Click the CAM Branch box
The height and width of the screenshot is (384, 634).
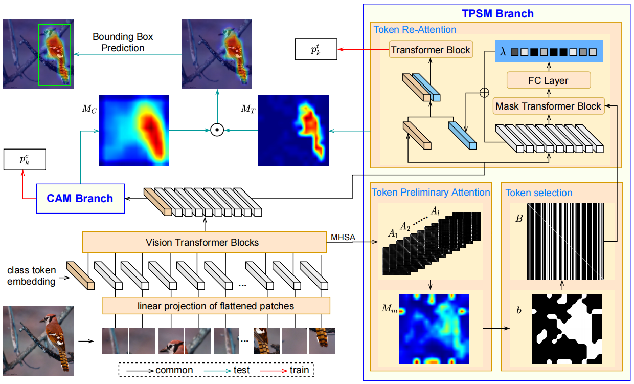(x=80, y=198)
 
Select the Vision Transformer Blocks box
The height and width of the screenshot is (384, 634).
(x=204, y=242)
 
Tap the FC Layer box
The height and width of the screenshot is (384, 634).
(x=548, y=80)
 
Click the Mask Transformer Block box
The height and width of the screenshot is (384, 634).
(x=548, y=106)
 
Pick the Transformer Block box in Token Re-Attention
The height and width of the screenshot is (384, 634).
(x=431, y=50)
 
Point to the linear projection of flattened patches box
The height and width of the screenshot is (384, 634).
(x=216, y=306)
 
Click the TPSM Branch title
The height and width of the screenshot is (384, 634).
(x=498, y=14)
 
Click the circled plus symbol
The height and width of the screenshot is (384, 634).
(x=483, y=92)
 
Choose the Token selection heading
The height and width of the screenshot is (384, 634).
(x=539, y=193)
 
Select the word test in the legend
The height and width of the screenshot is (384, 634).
(x=241, y=370)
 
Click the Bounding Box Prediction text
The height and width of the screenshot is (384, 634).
(x=122, y=42)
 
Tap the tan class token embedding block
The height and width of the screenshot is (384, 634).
(x=80, y=275)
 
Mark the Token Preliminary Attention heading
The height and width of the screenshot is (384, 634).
(x=431, y=193)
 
